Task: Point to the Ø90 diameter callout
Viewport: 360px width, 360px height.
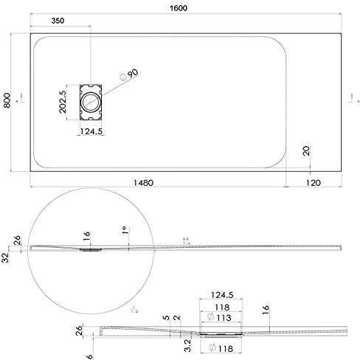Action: pos(131,74)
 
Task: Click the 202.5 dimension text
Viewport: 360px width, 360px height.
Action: pos(63,100)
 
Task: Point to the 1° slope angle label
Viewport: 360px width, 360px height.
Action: pos(127,231)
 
